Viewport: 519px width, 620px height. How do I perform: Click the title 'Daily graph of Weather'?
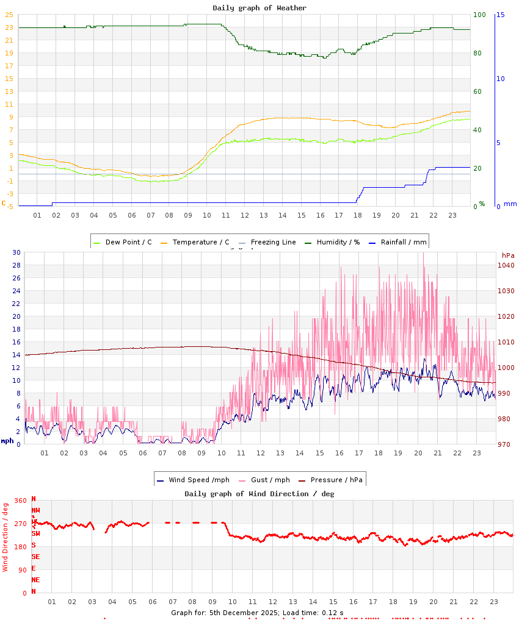coord(259,8)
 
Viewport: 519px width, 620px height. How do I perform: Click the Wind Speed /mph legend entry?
coord(185,480)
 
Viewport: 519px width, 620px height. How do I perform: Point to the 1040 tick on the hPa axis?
coord(506,265)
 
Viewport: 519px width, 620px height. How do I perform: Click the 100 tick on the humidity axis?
coord(479,15)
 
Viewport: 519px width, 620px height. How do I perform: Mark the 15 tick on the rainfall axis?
coord(500,15)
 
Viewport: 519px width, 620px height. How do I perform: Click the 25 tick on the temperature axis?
coord(9,15)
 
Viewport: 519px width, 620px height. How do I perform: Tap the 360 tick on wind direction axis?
coord(21,501)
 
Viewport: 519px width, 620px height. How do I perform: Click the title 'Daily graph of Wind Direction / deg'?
coord(259,494)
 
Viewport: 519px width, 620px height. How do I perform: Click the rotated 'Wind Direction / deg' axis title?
coord(5,536)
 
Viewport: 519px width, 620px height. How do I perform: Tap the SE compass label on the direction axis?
coord(36,557)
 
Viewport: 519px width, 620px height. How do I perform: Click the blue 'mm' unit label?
coord(510,204)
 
